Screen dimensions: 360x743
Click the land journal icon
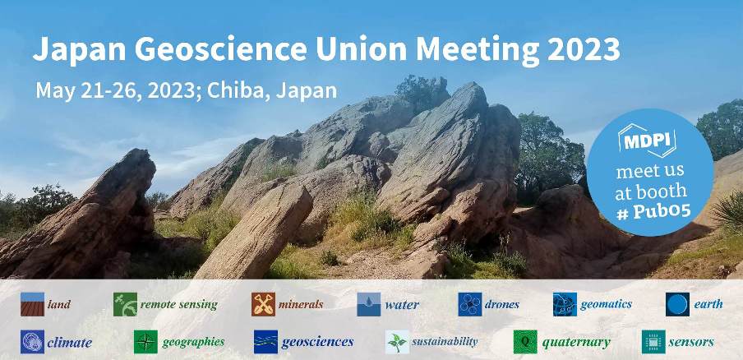(x=32, y=304)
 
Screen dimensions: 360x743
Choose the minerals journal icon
(x=263, y=304)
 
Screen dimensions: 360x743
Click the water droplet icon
(x=368, y=305)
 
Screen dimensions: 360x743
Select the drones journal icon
(x=469, y=304)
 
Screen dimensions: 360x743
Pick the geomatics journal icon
(x=565, y=304)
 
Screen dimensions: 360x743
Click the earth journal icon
(x=677, y=304)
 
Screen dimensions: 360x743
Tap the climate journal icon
(x=32, y=342)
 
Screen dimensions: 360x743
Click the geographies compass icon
(x=145, y=342)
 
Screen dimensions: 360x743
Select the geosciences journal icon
(x=265, y=342)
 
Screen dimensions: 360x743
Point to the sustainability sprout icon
(x=397, y=342)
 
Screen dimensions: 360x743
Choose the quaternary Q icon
(x=525, y=342)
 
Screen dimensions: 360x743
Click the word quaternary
(x=575, y=342)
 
